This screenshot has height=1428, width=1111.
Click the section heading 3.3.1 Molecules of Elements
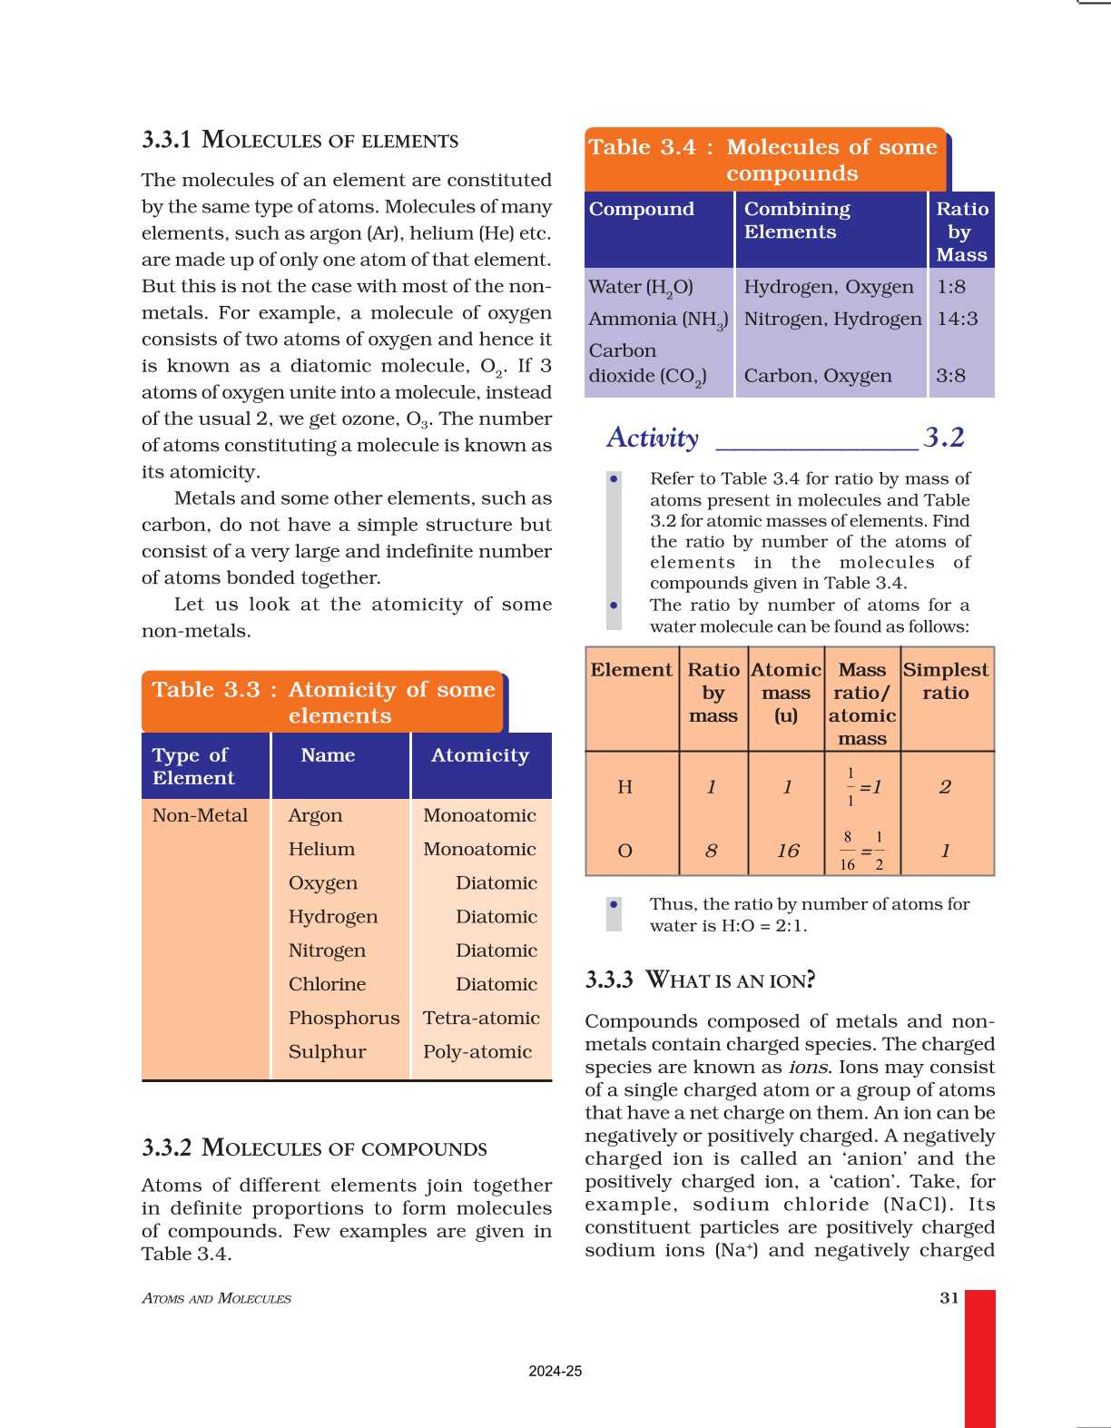tap(300, 140)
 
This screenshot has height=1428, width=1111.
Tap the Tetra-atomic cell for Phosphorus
tap(481, 1018)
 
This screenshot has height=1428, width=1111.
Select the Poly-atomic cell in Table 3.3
tap(477, 1051)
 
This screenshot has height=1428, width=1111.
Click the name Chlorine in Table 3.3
tap(327, 984)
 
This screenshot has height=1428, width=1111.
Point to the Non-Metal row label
tap(200, 815)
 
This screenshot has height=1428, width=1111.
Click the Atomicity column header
tap(479, 755)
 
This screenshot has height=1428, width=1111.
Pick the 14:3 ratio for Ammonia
tap(958, 319)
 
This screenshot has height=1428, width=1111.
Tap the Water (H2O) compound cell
tap(641, 287)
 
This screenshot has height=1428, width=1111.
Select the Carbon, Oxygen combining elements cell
tap(818, 376)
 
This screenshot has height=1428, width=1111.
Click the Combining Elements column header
tap(797, 221)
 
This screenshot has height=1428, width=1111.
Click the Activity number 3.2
tap(944, 438)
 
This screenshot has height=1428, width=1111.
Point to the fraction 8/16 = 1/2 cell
tap(862, 851)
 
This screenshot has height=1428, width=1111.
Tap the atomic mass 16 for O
tap(787, 851)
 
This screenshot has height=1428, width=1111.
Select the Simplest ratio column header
tap(945, 681)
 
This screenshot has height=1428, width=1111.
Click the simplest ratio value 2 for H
tap(945, 787)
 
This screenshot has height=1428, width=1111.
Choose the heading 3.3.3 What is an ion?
tap(700, 980)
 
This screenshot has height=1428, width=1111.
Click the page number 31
tap(949, 1297)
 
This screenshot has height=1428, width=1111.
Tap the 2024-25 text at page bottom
tap(555, 1371)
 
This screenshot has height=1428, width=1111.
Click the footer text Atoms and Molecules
tap(216, 1298)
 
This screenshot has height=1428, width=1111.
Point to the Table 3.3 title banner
tap(323, 702)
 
